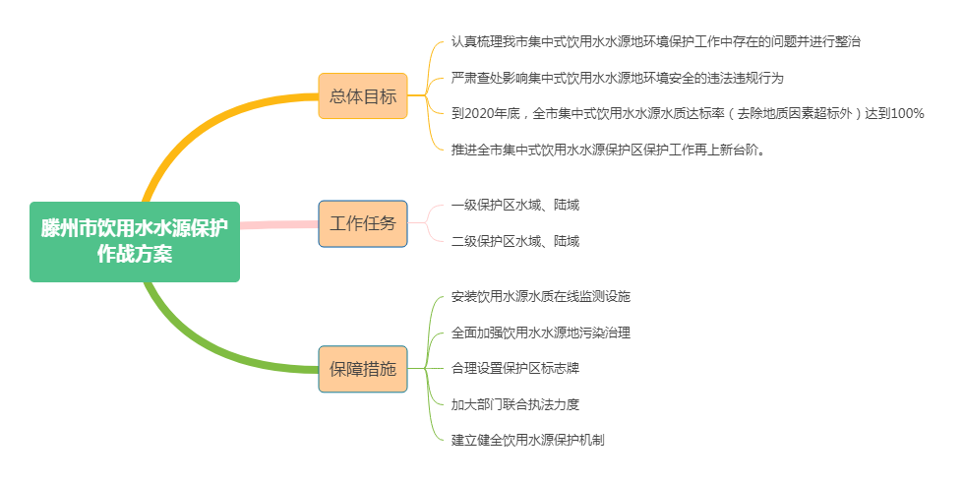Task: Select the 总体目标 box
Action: (x=363, y=96)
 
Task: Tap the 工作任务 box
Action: (x=363, y=223)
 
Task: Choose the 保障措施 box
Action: (x=363, y=369)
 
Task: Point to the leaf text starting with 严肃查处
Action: (x=617, y=78)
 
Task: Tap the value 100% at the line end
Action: (x=905, y=114)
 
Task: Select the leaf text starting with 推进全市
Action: (x=608, y=151)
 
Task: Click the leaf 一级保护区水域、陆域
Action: (x=514, y=205)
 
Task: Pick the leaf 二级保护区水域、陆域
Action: (x=514, y=241)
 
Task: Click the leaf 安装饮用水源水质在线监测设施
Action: (x=540, y=296)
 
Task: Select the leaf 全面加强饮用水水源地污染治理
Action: (x=540, y=333)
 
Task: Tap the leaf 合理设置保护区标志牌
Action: (x=514, y=368)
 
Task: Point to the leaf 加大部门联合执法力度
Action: (x=514, y=404)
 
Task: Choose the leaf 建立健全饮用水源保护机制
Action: (x=527, y=440)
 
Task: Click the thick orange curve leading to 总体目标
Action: (x=197, y=123)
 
